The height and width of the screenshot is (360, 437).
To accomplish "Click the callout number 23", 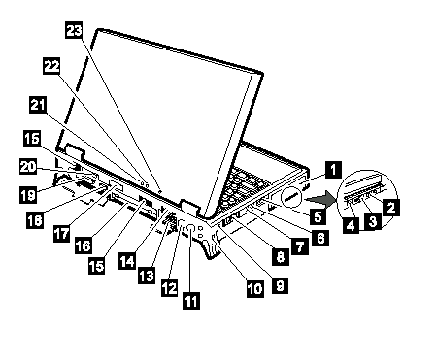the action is pyautogui.click(x=74, y=30).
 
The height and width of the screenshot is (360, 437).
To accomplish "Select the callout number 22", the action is pyautogui.click(x=51, y=66).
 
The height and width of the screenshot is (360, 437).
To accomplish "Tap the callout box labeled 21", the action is pyautogui.click(x=38, y=105).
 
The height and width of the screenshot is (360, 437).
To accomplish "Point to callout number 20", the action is pyautogui.click(x=28, y=167).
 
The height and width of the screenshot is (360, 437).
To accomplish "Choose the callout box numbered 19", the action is pyautogui.click(x=28, y=195).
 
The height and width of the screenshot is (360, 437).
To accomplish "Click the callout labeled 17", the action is pyautogui.click(x=61, y=233).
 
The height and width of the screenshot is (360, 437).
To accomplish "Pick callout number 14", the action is pyautogui.click(x=127, y=261).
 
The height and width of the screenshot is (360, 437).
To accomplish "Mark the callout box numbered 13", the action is pyautogui.click(x=147, y=276).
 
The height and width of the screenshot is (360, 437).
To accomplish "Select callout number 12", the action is pyautogui.click(x=170, y=287).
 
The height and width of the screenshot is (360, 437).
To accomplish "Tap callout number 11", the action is pyautogui.click(x=191, y=301).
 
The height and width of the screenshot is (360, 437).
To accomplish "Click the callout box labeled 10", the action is pyautogui.click(x=255, y=288).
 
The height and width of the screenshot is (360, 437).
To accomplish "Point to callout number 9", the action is pyautogui.click(x=281, y=285).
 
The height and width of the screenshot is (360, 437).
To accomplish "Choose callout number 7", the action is pyautogui.click(x=300, y=246).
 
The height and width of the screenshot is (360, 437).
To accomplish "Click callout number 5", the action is pyautogui.click(x=319, y=216).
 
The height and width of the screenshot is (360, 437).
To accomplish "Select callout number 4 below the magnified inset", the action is pyautogui.click(x=352, y=225).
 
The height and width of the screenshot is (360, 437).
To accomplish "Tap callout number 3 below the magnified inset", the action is pyautogui.click(x=373, y=221).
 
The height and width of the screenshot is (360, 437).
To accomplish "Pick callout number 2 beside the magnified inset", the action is pyautogui.click(x=391, y=208).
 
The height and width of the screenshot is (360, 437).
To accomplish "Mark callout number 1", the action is pyautogui.click(x=333, y=170).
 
